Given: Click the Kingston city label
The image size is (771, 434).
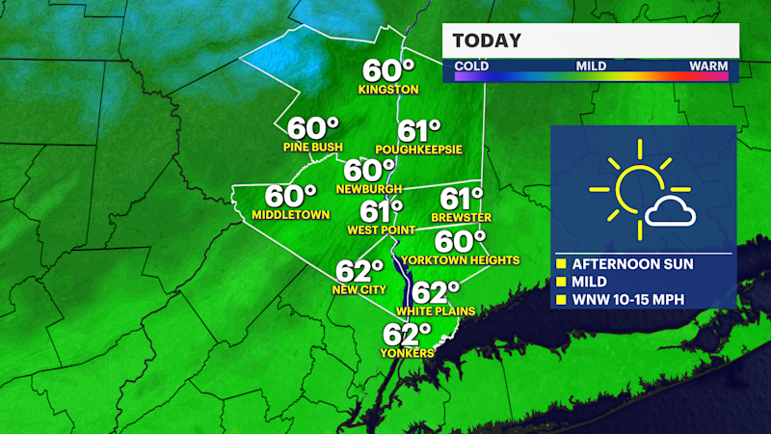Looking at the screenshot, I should tap(388, 90).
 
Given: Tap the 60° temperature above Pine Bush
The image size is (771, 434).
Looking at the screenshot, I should tap(313, 128).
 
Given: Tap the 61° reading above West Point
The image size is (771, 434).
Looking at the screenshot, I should tap(382, 210).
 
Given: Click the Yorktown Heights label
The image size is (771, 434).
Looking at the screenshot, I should tap(463, 260).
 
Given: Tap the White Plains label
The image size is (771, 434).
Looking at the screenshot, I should tap(431, 312).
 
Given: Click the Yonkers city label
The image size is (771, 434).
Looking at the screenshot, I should tap(408, 353).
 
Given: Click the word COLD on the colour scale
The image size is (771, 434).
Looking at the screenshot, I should tap(472, 67).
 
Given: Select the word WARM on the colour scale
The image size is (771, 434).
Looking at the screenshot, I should tap(707, 67).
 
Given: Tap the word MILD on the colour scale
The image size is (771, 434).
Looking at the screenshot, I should tap(591, 67).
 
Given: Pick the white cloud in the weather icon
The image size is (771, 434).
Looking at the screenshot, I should tap(672, 211).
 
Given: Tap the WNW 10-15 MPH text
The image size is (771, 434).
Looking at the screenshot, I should tap(628, 299).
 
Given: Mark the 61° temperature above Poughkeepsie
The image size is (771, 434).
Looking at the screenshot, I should tap(419, 130).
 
